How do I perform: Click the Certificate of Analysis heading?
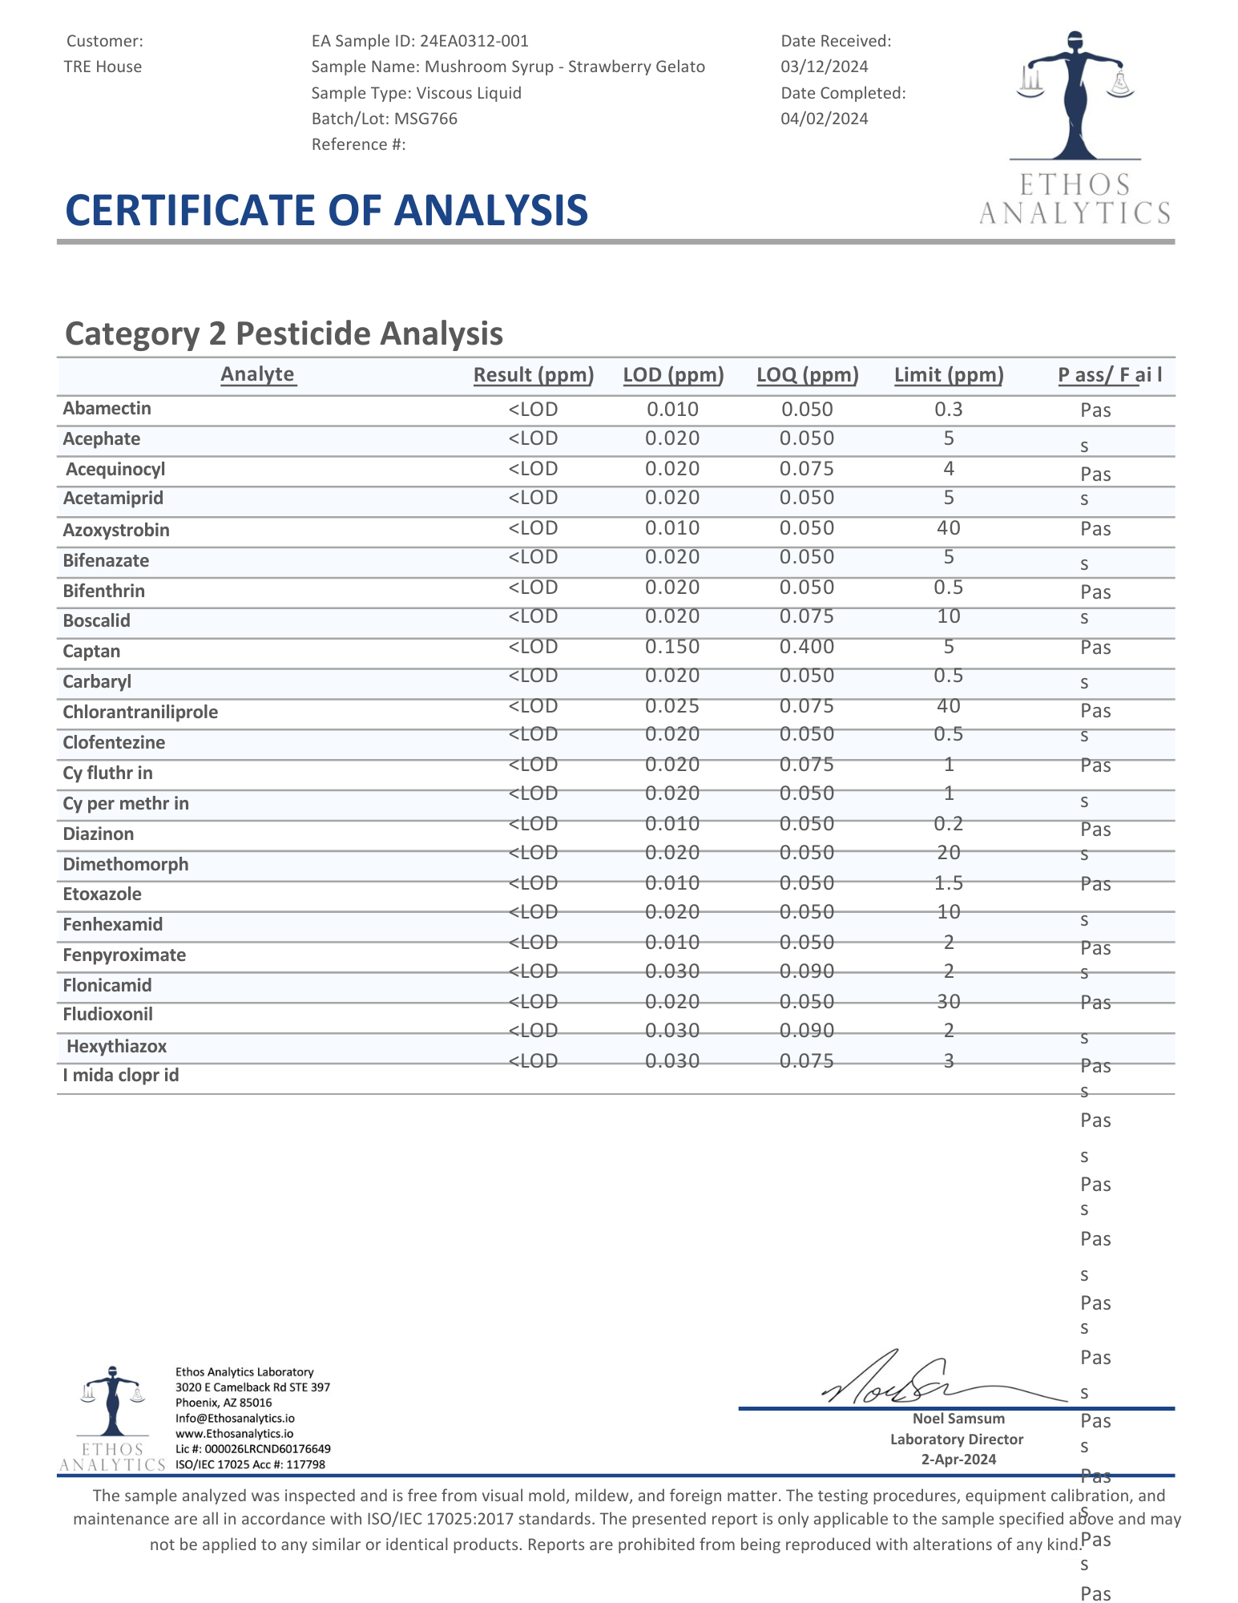coord(326,210)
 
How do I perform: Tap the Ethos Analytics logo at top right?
coord(1074,128)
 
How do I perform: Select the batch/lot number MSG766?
coord(425,119)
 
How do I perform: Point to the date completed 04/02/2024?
coord(824,119)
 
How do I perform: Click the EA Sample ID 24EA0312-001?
coord(474,41)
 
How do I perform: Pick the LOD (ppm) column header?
coord(673,374)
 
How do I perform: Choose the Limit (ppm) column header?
coord(949,374)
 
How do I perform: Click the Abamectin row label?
coord(107,409)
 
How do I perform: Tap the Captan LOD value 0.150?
coord(672,647)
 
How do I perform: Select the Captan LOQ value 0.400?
coord(807,647)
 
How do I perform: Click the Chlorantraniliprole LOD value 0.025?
coord(672,706)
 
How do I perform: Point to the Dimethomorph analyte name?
coord(126,864)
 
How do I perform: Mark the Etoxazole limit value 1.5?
coord(949,882)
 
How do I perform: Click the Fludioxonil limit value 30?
coord(949,1001)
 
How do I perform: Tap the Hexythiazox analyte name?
coord(117,1046)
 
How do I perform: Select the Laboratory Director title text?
coord(957,1439)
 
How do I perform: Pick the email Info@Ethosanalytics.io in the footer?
coord(235,1418)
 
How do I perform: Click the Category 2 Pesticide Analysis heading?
coord(284,333)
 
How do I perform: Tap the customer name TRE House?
coord(103,67)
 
